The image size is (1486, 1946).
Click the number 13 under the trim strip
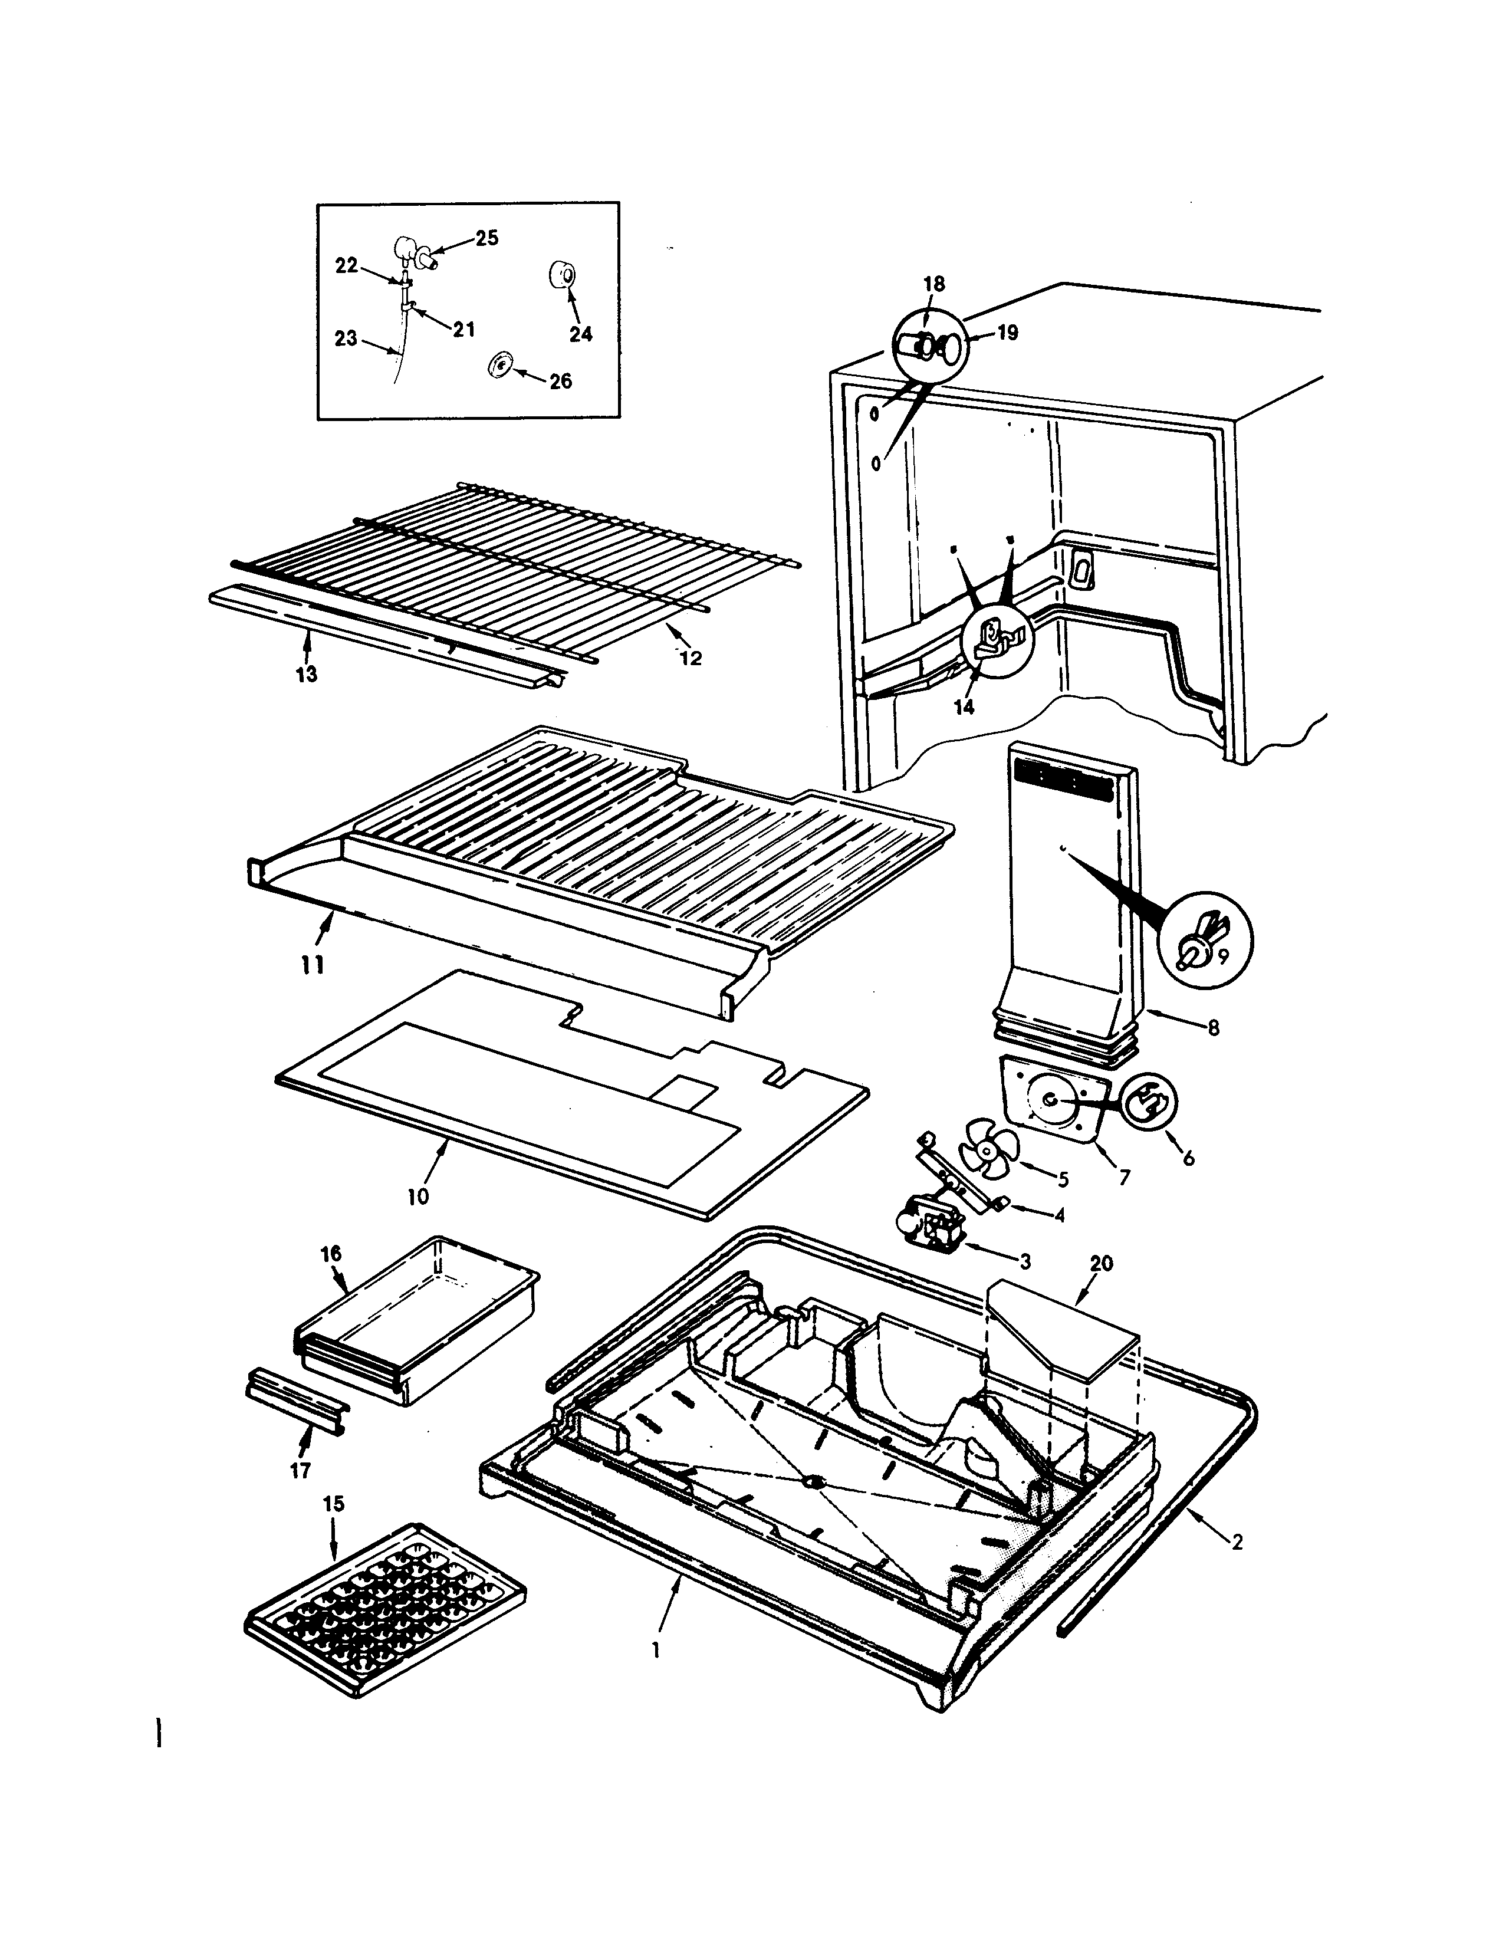tap(306, 675)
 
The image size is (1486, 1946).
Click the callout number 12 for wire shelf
tap(691, 658)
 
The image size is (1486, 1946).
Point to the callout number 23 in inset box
tap(346, 338)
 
